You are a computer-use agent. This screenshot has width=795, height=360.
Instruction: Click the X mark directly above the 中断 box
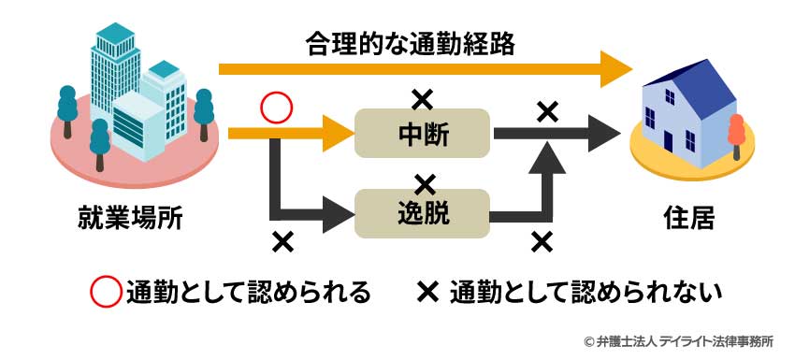tap(423, 95)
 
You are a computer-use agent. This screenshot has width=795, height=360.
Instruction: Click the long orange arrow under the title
tap(421, 69)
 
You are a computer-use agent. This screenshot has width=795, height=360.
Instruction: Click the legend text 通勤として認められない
tap(585, 293)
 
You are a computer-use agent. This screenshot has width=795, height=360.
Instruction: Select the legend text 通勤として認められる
tap(248, 293)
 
